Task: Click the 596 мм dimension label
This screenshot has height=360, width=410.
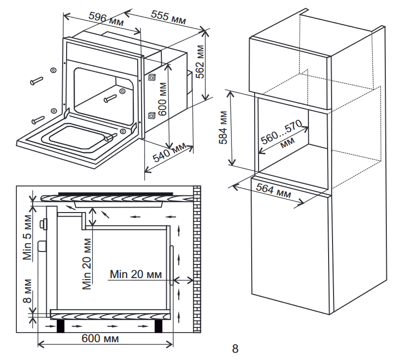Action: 106,19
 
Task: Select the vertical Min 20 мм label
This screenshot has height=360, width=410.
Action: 87,263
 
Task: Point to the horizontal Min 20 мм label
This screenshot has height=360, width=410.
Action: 136,274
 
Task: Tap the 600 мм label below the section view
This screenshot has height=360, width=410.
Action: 100,339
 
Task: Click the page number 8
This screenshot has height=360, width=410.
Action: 235,349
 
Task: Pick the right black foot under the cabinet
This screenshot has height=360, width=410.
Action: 159,326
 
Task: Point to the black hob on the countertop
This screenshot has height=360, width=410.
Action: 115,193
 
